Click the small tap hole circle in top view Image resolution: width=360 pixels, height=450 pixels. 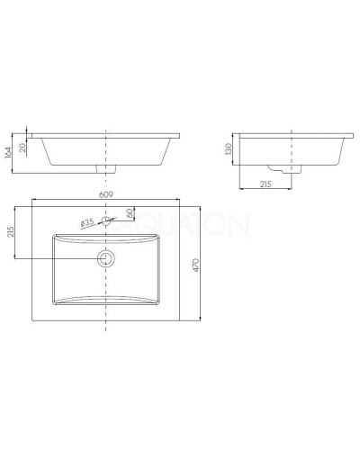click(x=107, y=221)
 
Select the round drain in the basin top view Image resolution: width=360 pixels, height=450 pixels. click(x=107, y=258)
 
